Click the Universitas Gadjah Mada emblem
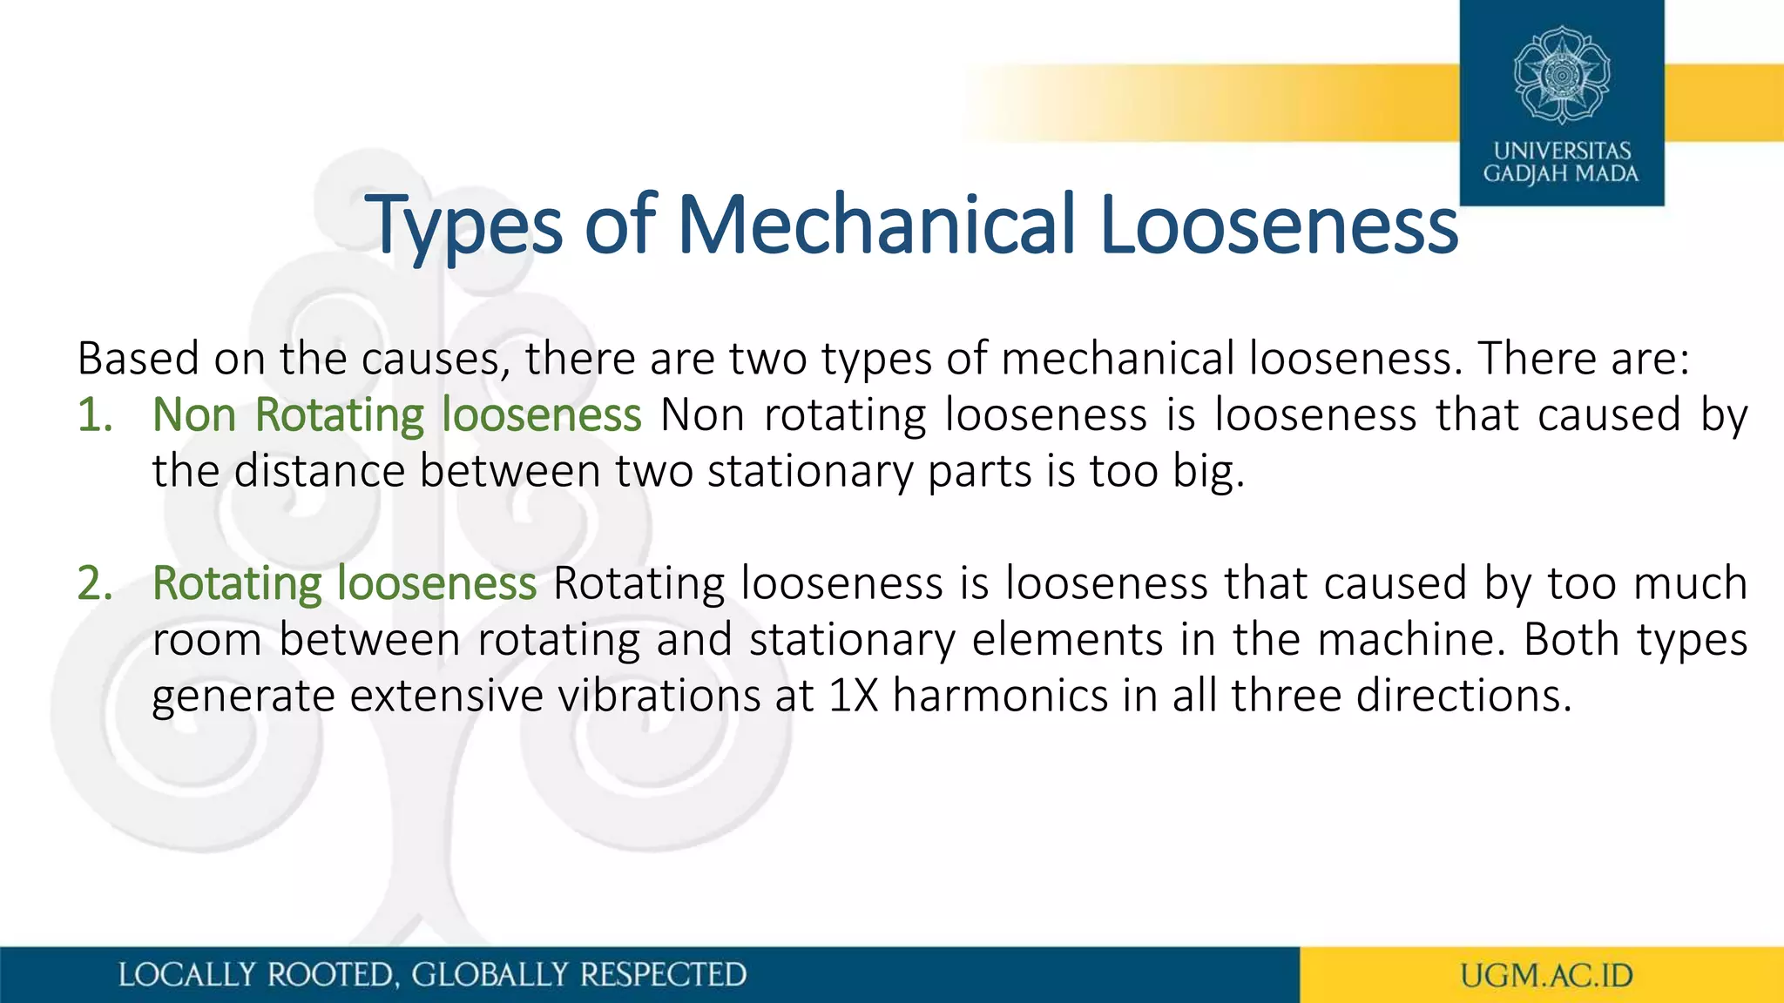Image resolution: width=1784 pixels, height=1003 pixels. (1561, 75)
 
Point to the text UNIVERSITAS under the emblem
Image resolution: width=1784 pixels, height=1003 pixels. (1562, 151)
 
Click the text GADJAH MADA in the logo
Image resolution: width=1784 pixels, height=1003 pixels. (1561, 174)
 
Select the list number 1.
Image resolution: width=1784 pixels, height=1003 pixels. (94, 414)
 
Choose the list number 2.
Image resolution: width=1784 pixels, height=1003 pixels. (94, 583)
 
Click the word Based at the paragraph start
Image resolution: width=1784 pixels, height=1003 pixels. (139, 359)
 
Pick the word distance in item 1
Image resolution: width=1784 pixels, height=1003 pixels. (320, 471)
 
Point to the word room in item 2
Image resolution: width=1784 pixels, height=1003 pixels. (206, 640)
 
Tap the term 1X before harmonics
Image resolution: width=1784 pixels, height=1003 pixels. (854, 696)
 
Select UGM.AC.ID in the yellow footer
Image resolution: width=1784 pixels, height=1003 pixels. (1546, 975)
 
